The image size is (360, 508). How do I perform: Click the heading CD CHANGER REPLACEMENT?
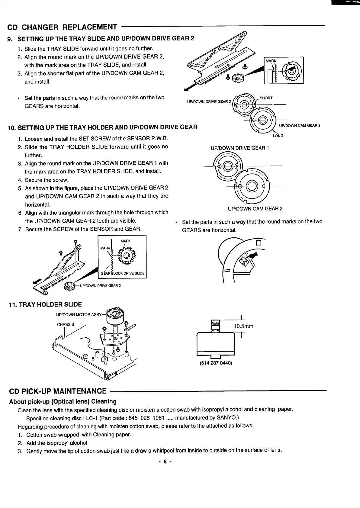pyautogui.click(x=62, y=27)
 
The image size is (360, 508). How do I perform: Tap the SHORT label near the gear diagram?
pyautogui.click(x=266, y=98)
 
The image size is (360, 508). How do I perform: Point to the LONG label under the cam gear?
pyautogui.click(x=278, y=136)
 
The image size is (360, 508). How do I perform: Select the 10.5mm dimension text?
pyautogui.click(x=243, y=326)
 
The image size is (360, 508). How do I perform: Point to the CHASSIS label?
pyautogui.click(x=65, y=324)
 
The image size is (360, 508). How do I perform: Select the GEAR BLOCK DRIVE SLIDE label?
pyautogui.click(x=123, y=274)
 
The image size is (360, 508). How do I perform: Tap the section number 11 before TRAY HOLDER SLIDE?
pyautogui.click(x=13, y=304)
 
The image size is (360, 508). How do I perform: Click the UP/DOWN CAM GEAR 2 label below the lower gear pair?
pyautogui.click(x=255, y=209)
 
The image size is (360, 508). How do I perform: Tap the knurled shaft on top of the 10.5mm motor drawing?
pyautogui.click(x=215, y=325)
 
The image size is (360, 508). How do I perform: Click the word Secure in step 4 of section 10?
pyautogui.click(x=34, y=180)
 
